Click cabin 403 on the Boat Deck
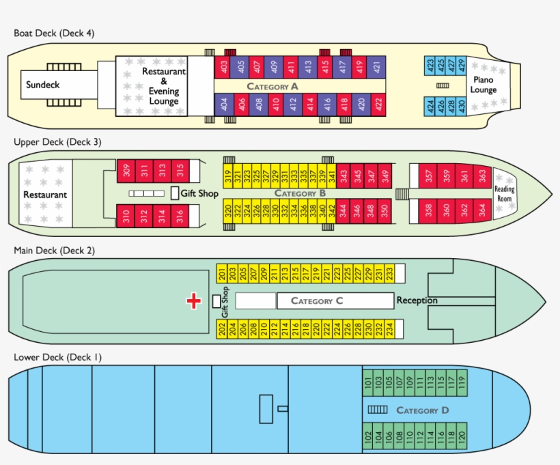tap(223, 67)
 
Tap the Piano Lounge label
tap(484, 85)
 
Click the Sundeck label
tap(43, 85)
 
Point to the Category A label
tap(272, 87)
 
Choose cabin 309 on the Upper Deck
tap(126, 171)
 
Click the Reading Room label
tap(504, 193)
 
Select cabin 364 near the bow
tap(483, 209)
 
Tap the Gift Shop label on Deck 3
tap(199, 193)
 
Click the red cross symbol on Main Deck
tap(194, 300)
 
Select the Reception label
tap(417, 300)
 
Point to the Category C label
tap(317, 300)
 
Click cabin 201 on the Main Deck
tap(223, 274)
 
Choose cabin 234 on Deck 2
tap(389, 328)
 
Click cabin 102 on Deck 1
tap(369, 435)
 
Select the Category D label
tap(422, 410)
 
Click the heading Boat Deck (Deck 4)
tap(54, 33)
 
